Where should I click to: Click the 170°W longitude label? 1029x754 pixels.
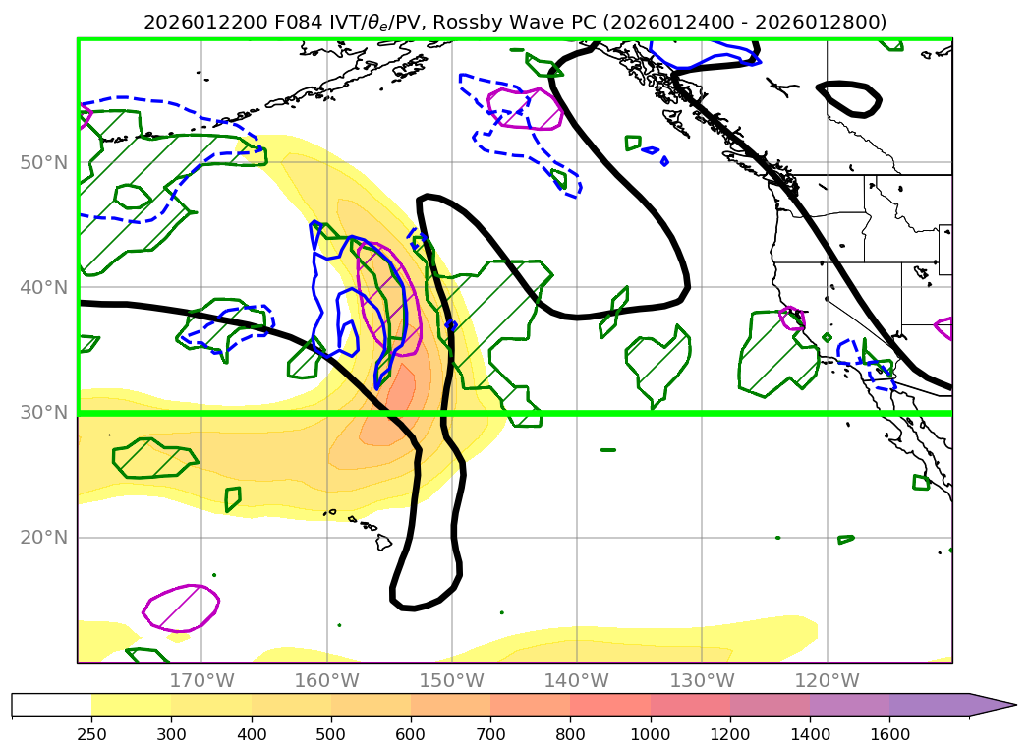click(x=201, y=680)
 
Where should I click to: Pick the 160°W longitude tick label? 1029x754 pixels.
click(x=326, y=680)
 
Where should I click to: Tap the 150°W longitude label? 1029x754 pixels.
click(x=451, y=680)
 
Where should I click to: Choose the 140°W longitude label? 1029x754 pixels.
click(x=576, y=680)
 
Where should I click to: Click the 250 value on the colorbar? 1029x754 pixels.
click(x=91, y=732)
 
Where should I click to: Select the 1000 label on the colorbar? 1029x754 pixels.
click(x=650, y=732)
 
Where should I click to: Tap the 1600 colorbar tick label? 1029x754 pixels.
click(x=889, y=732)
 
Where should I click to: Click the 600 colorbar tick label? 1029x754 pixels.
click(x=411, y=732)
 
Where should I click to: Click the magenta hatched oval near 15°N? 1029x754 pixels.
click(x=181, y=608)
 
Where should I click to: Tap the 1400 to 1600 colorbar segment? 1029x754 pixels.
click(x=849, y=704)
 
